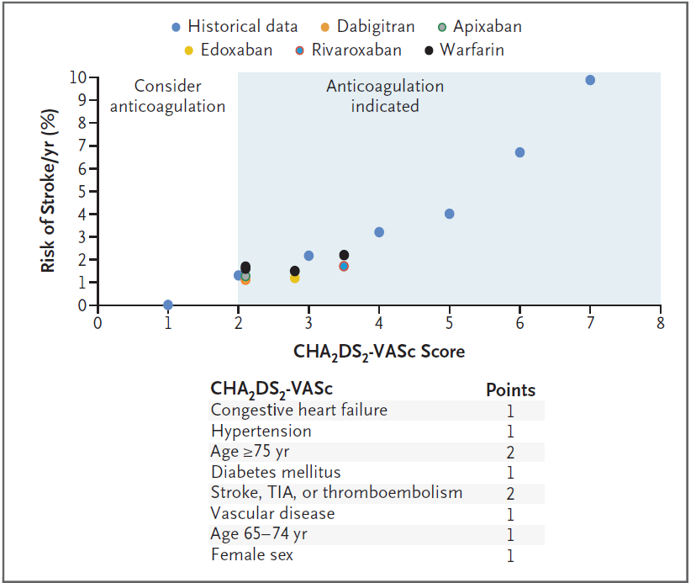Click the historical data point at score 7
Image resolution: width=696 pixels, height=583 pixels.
click(x=590, y=80)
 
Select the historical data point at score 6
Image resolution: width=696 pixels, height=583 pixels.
click(x=519, y=152)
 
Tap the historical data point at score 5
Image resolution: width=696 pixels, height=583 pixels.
click(x=449, y=214)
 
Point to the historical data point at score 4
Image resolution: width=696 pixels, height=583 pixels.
click(x=379, y=232)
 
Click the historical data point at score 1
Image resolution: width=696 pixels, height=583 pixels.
click(x=168, y=305)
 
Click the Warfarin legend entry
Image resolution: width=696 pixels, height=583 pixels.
click(x=465, y=50)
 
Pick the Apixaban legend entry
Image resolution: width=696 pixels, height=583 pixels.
click(x=478, y=26)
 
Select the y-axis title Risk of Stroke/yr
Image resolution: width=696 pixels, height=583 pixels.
click(x=51, y=192)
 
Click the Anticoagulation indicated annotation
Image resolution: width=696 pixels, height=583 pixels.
click(x=385, y=96)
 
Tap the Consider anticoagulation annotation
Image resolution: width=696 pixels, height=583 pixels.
click(x=169, y=96)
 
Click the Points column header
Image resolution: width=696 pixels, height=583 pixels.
click(x=510, y=390)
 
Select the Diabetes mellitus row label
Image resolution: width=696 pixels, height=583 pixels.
click(x=276, y=472)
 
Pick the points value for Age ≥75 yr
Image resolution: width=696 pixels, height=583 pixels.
click(x=510, y=453)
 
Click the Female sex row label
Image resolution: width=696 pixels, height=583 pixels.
click(x=252, y=554)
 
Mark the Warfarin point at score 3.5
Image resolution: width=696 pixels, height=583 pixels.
click(x=344, y=255)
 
